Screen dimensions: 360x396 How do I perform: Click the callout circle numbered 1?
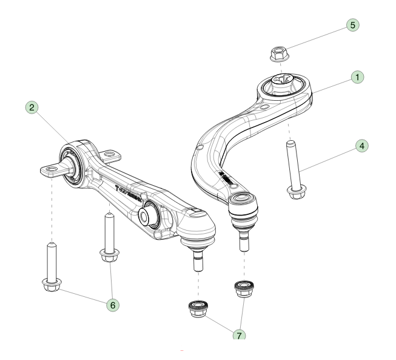tap(358, 78)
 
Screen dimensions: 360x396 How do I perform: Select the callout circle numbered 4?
tap(361, 146)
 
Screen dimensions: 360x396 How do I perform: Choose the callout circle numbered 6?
tap(112, 305)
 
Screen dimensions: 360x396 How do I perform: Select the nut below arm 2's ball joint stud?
tap(198, 309)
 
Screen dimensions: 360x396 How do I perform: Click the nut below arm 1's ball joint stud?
tap(244, 288)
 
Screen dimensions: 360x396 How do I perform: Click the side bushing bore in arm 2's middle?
tap(147, 216)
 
